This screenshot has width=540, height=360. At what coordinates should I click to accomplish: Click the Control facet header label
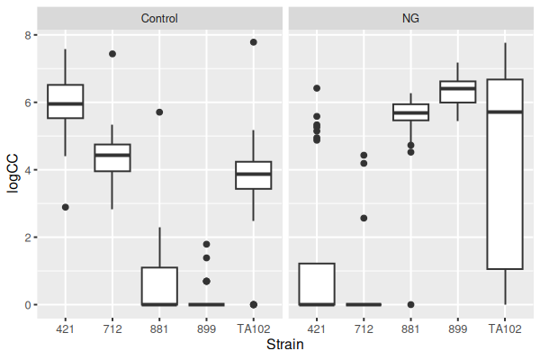[x=159, y=18]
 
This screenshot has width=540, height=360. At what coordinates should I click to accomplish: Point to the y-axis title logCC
[x=13, y=168]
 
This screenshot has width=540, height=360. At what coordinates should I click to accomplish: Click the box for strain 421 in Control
[x=66, y=101]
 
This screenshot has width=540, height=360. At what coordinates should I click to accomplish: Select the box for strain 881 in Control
[x=159, y=286]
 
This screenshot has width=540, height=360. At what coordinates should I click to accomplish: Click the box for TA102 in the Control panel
[x=254, y=175]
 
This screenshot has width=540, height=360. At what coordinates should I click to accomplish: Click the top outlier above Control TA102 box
[x=254, y=42]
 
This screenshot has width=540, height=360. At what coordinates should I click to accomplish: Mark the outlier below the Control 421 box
[x=66, y=207]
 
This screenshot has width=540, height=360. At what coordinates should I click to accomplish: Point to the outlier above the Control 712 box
[x=112, y=54]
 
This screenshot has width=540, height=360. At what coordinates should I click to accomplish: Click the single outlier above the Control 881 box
[x=159, y=112]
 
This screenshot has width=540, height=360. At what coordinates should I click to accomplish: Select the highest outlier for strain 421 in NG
[x=316, y=88]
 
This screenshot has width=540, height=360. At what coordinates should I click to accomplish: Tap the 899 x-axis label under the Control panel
[x=206, y=328]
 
